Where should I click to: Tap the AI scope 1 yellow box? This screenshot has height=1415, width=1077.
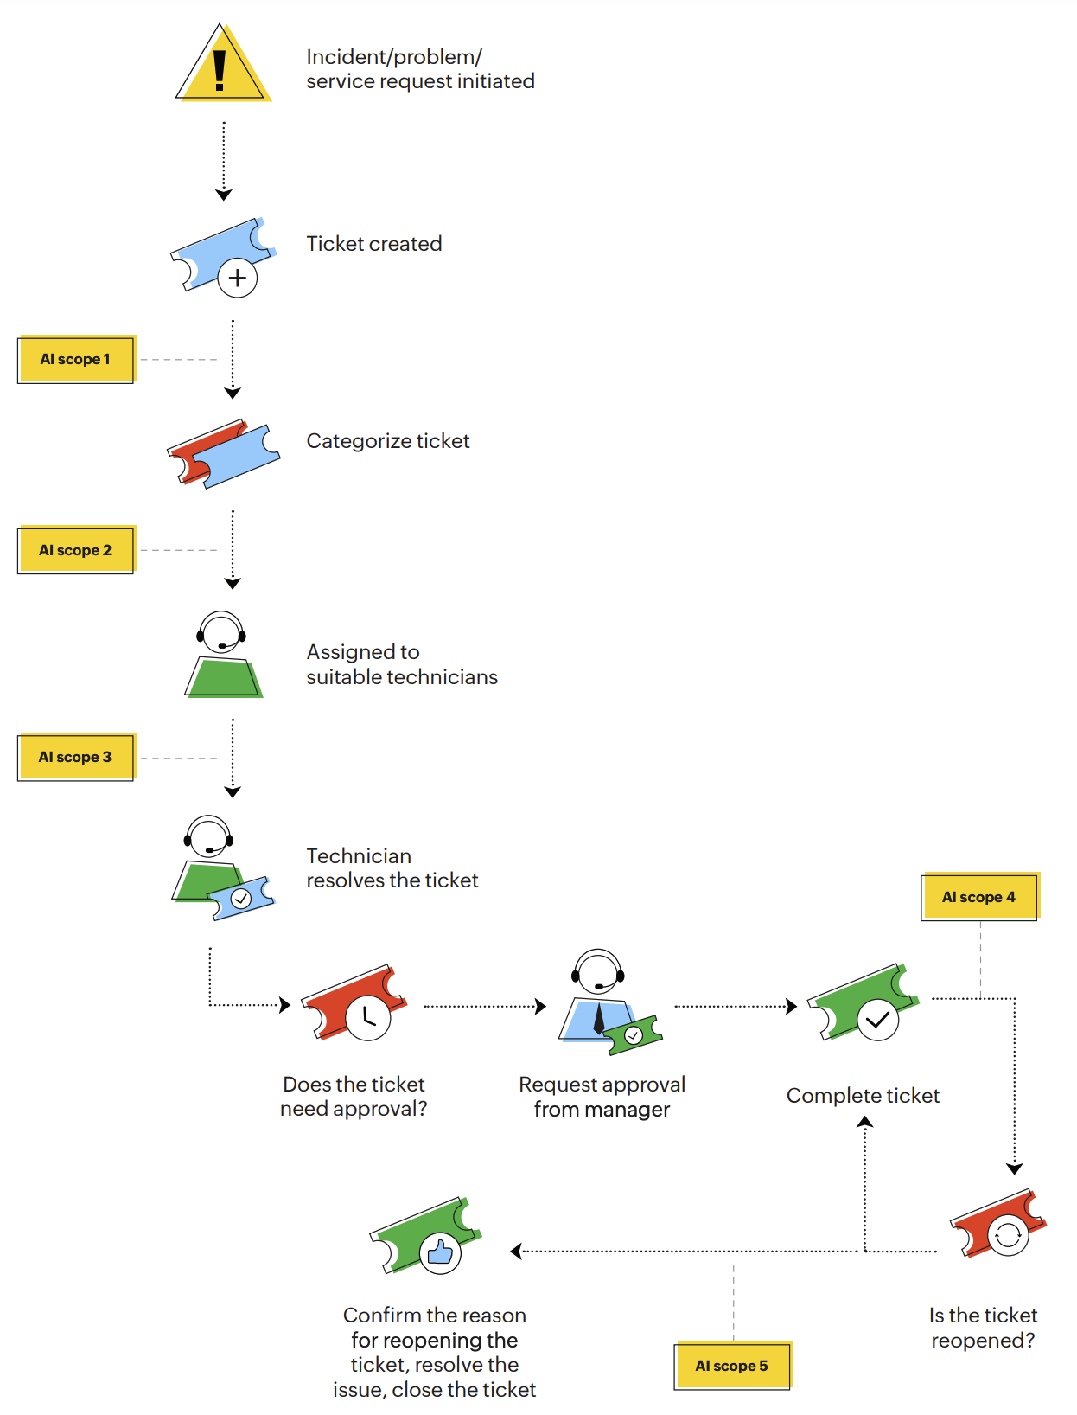(76, 359)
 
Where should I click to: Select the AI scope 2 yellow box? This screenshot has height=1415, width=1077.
(76, 550)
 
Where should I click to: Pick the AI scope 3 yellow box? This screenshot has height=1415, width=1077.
(76, 758)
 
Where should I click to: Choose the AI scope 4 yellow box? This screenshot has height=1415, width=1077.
(979, 897)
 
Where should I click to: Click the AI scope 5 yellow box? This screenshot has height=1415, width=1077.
(732, 1366)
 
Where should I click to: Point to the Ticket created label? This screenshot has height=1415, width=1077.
(374, 244)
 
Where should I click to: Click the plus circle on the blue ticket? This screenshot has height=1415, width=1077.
(238, 279)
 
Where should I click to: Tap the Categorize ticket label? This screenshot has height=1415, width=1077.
(388, 441)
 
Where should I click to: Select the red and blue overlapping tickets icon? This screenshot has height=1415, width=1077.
(224, 454)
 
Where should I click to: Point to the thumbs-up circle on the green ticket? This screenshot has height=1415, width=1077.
(440, 1252)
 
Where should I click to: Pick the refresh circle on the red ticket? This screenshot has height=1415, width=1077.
(1007, 1235)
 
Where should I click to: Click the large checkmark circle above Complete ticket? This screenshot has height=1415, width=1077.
(878, 1020)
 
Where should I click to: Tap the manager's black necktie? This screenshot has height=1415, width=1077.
(599, 1018)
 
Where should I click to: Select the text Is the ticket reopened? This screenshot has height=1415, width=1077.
(983, 1328)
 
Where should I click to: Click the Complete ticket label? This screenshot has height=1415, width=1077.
(863, 1096)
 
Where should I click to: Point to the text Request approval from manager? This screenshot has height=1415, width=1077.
(602, 1097)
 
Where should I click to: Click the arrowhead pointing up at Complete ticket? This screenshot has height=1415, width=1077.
(864, 1122)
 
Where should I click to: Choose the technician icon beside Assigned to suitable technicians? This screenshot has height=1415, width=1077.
(223, 655)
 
